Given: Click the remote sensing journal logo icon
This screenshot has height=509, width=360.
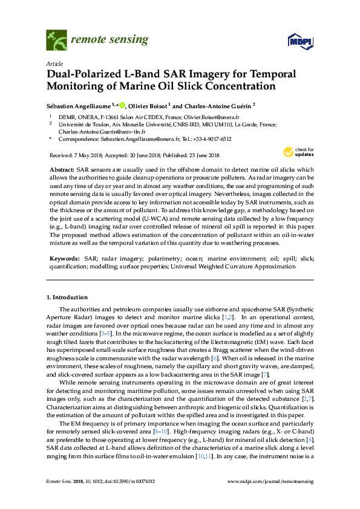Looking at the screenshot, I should (x=56, y=41).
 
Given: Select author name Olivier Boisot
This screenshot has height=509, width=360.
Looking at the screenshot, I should (x=148, y=104).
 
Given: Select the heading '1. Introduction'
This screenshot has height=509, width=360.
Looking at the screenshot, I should (x=67, y=297).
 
